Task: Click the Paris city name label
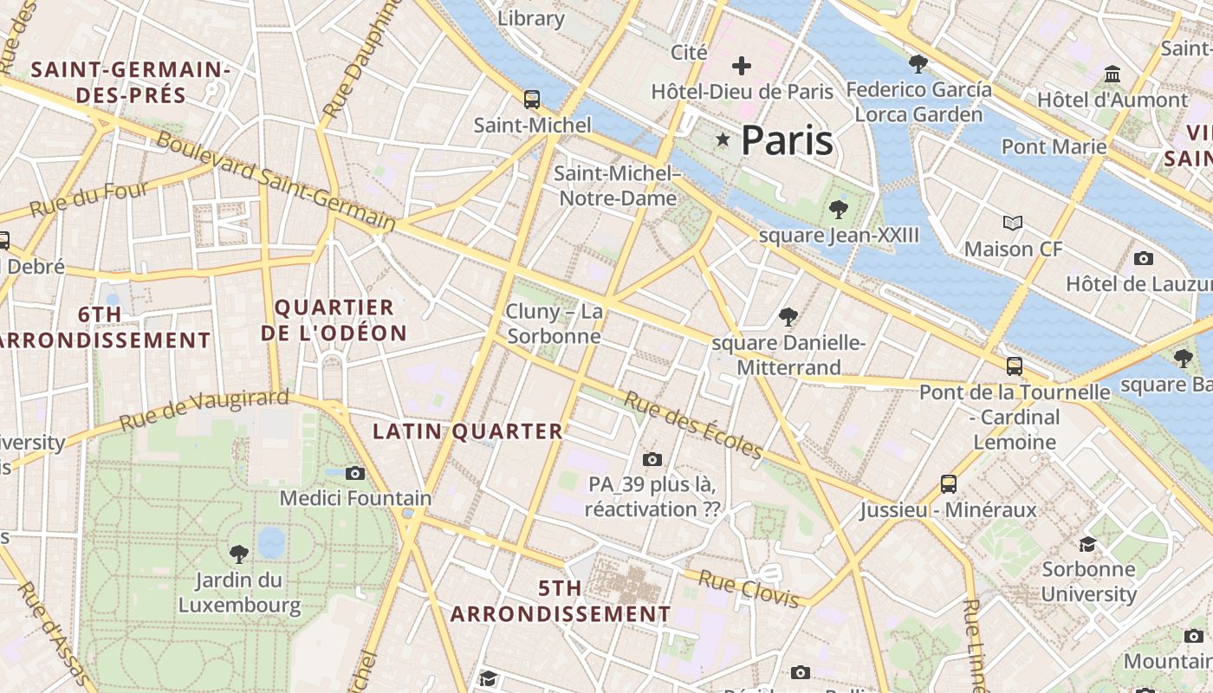[787, 140]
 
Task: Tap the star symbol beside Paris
[723, 139]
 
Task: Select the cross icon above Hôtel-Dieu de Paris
[742, 65]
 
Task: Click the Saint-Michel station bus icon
[532, 99]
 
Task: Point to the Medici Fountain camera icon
[355, 473]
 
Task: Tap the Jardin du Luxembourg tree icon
[239, 553]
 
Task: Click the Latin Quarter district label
[468, 431]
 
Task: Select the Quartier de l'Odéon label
[334, 321]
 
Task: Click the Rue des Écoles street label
[693, 425]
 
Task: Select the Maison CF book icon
[1013, 223]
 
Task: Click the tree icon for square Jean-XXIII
[838, 209]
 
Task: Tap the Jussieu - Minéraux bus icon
[949, 483]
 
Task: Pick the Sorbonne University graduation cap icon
[1088, 544]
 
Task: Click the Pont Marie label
[1054, 146]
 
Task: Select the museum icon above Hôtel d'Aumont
[1113, 74]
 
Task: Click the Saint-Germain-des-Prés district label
[130, 82]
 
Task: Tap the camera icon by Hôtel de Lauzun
[1144, 258]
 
